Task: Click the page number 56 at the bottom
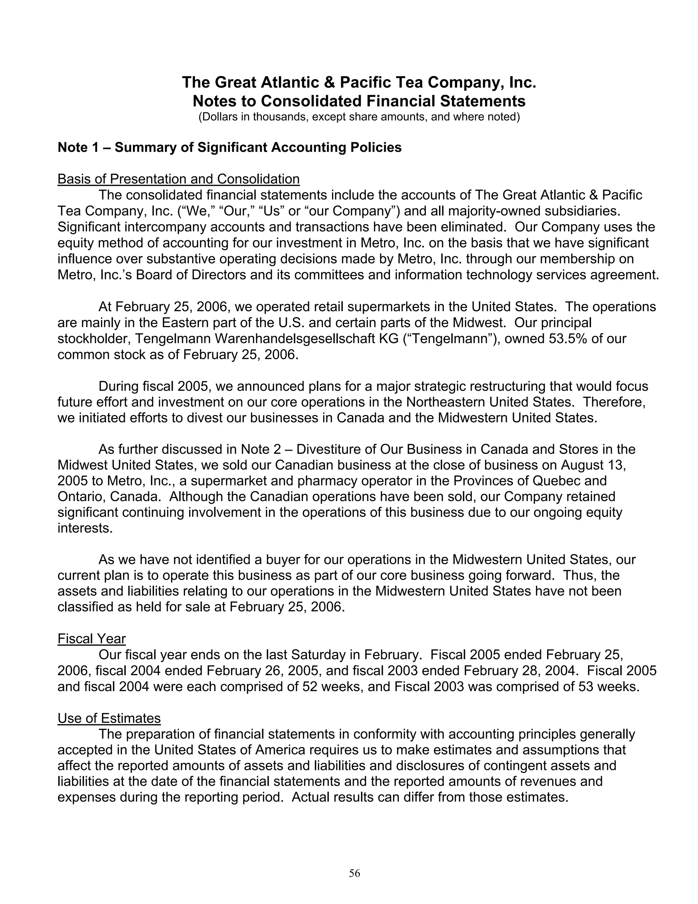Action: [x=354, y=873]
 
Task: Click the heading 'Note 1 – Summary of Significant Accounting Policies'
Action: [x=229, y=147]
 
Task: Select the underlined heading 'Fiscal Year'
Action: [x=91, y=639]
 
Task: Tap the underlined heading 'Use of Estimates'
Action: [x=109, y=718]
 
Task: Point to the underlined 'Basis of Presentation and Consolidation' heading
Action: [x=178, y=179]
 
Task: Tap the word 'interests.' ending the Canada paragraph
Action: [x=85, y=528]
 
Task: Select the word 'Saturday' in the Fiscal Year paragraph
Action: [x=318, y=655]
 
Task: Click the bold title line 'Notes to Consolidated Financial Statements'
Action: [x=359, y=101]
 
